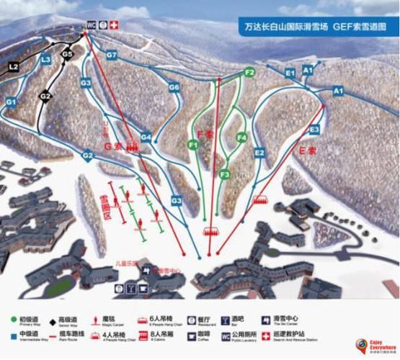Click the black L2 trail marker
click(13, 67)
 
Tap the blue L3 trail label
click(46, 59)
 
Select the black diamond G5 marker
click(68, 53)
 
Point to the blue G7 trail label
click(111, 55)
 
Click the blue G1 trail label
click(10, 103)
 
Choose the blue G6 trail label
click(174, 87)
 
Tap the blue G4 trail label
click(146, 137)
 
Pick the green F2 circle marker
click(250, 72)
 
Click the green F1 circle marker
click(193, 144)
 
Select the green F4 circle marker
click(242, 137)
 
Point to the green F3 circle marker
click(225, 174)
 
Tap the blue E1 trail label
click(290, 73)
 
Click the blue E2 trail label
click(260, 153)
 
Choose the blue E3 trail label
click(314, 130)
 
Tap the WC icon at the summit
click(92, 25)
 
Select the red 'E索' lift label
click(308, 151)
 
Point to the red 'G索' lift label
click(115, 145)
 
